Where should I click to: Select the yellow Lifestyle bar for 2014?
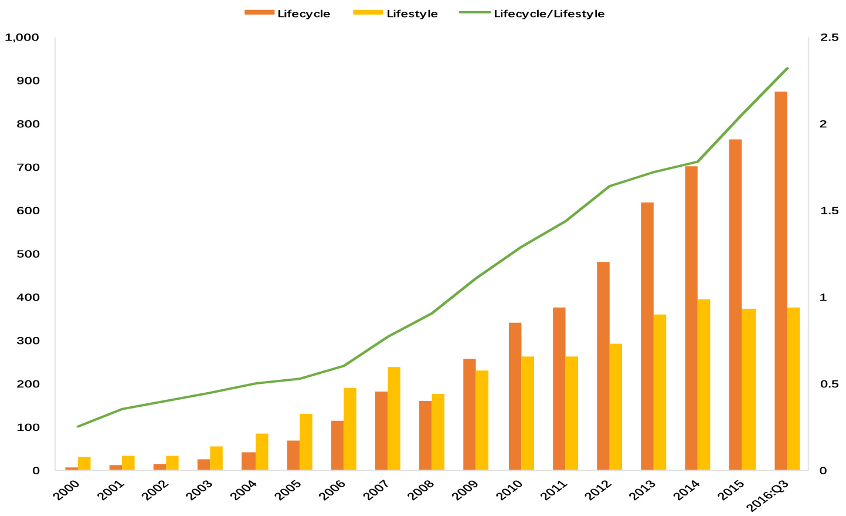704,385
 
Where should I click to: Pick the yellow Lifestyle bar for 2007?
394,419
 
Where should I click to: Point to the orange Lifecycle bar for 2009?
469,414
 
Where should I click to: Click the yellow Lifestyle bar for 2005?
306,442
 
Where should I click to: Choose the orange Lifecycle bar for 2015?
735,305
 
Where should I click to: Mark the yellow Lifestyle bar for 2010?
528,413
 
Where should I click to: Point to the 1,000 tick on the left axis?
22,38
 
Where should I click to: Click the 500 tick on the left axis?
29,254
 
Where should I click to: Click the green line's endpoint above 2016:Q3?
787,69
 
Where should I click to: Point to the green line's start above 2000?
77,426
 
